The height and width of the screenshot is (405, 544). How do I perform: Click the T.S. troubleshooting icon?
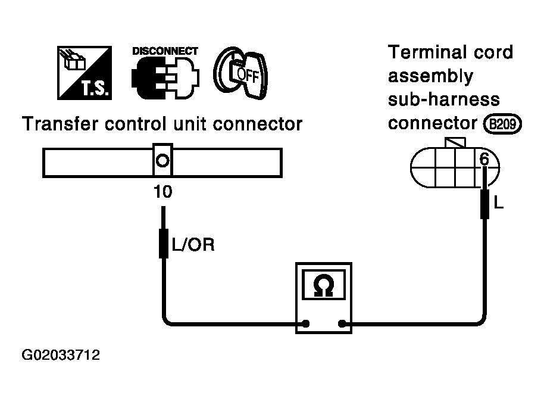coord(85,73)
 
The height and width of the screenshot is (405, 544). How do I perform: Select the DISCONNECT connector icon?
coord(165,77)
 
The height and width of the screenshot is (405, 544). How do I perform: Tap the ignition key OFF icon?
coord(240,73)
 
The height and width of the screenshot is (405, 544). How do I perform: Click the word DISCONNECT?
coord(165,51)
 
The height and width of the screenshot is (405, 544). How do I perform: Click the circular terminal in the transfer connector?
coord(162,161)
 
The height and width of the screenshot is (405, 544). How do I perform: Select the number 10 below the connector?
coord(162,192)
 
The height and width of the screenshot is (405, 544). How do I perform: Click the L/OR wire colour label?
coord(193,245)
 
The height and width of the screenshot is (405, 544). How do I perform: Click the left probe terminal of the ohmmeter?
coord(306,324)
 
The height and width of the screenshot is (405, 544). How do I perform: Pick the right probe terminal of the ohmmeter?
coord(342,324)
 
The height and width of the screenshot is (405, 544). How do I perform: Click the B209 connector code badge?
coord(503,124)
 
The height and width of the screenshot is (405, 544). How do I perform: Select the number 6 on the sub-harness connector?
coord(484,159)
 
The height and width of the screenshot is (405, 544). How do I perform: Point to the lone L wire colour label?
coord(498,202)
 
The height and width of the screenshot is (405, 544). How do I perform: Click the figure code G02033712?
coord(61,355)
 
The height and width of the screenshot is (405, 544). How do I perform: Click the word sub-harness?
coord(444,99)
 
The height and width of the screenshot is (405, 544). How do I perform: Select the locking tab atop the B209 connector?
coord(455,143)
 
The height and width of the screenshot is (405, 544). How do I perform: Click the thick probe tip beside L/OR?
coord(164,243)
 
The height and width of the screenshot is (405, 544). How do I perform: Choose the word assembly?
coord(430,76)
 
